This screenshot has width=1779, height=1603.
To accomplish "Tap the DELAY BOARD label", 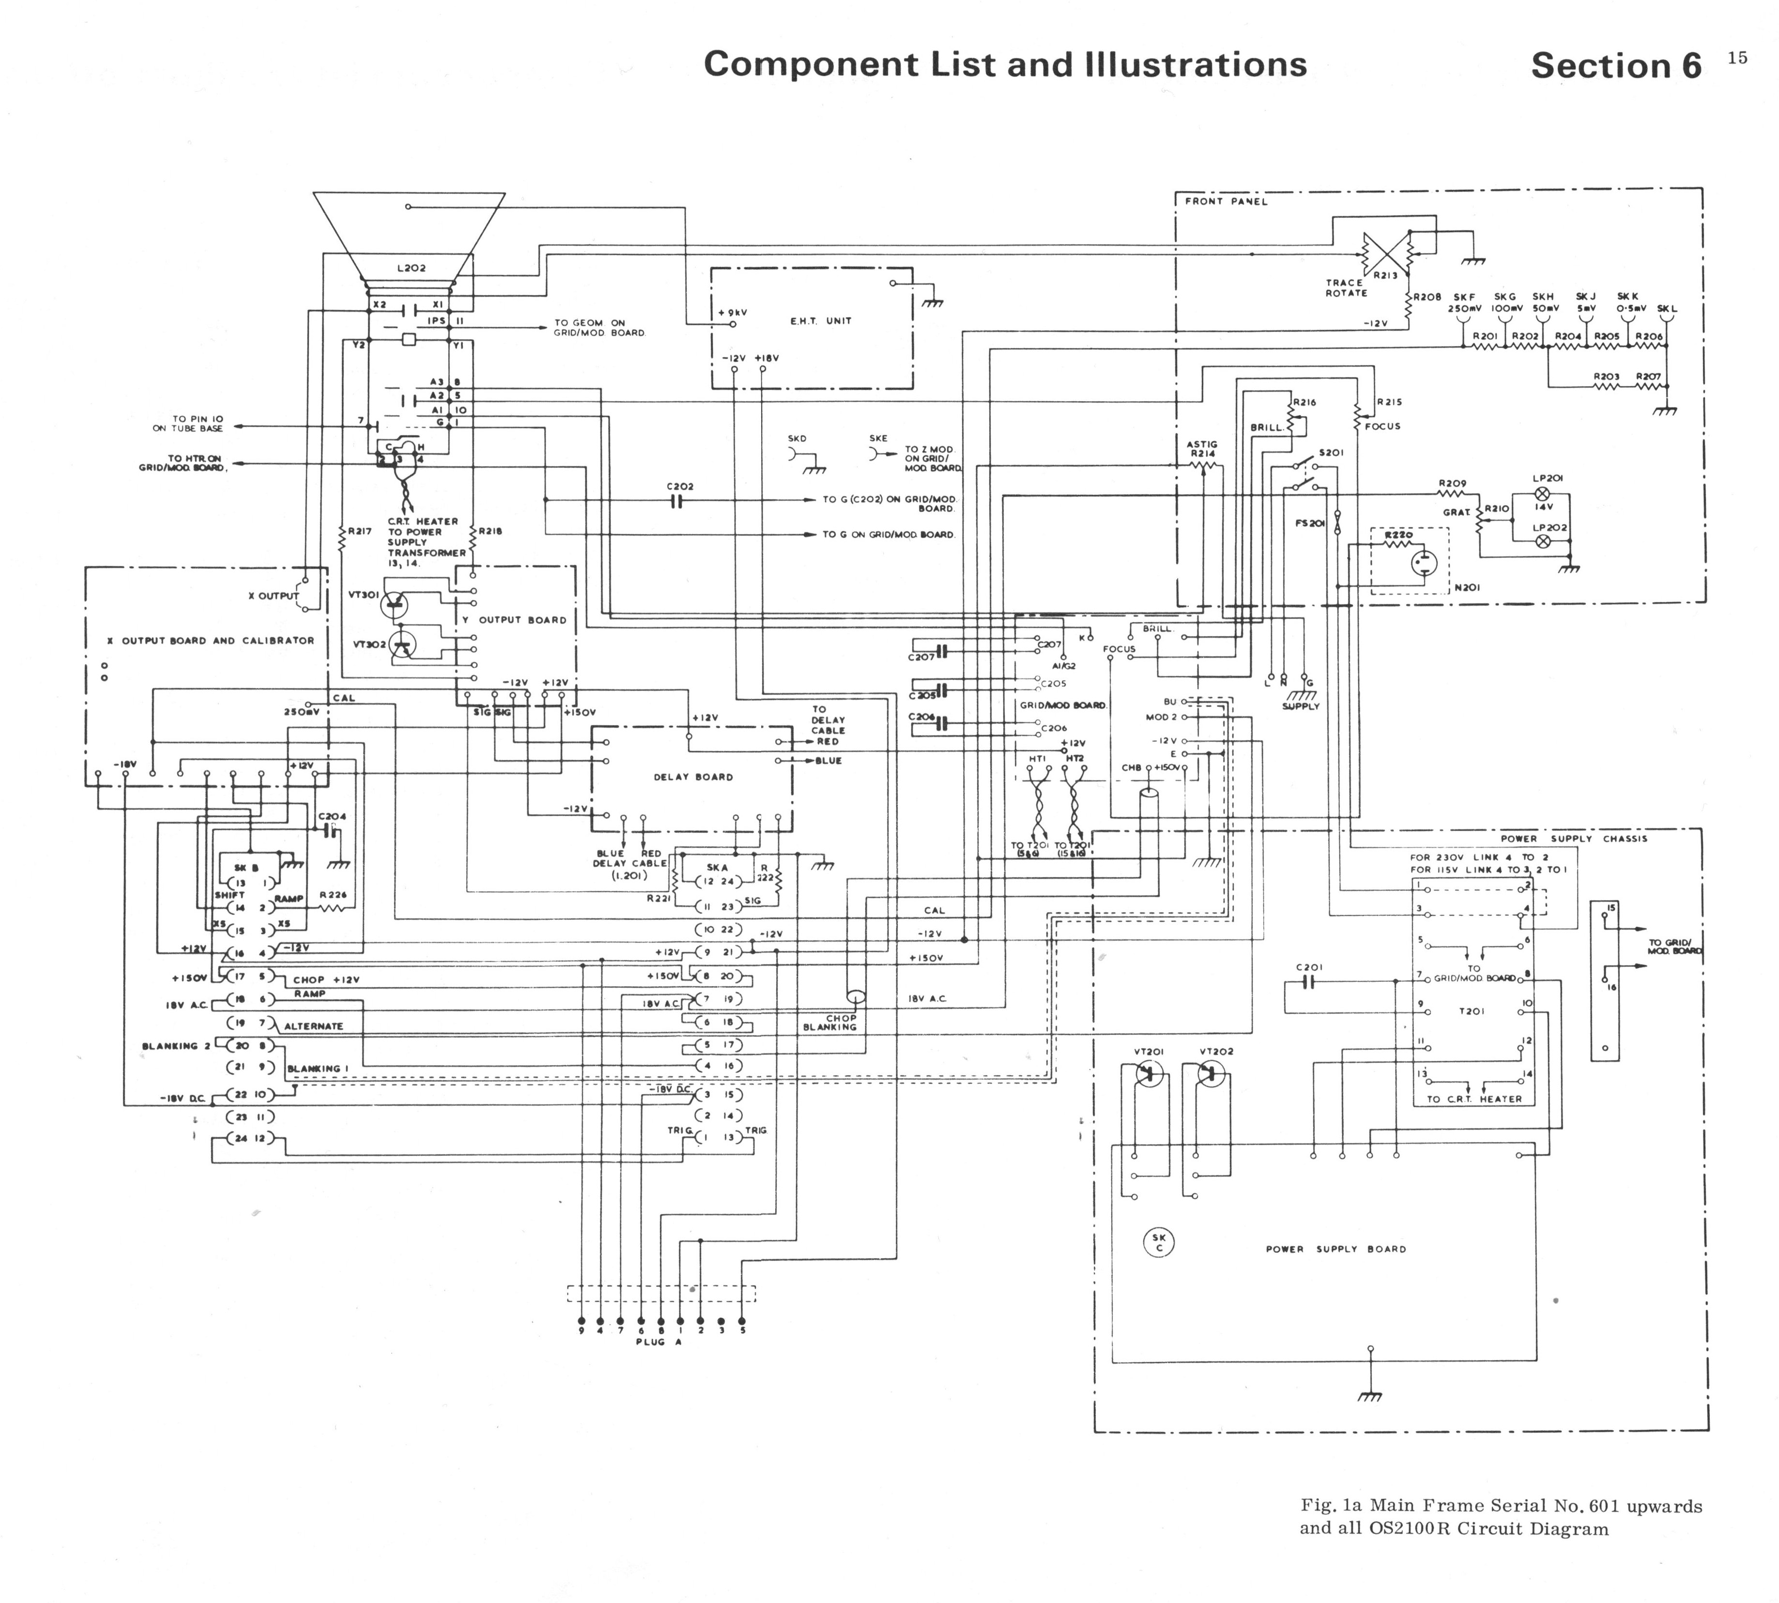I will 693,777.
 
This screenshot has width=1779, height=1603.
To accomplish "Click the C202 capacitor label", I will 680,486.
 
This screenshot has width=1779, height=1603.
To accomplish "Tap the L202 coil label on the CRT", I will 411,268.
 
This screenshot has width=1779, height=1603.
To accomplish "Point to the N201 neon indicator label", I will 1467,587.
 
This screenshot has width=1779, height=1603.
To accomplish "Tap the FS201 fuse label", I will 1310,523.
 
